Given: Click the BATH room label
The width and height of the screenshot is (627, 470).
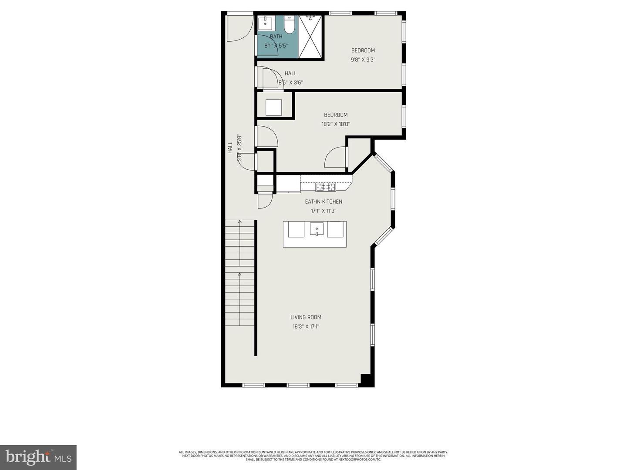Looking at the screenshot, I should point(276,37).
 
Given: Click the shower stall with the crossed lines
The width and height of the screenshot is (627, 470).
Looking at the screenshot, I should point(311,37).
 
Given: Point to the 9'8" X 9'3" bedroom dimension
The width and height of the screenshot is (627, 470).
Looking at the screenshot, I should point(363,60).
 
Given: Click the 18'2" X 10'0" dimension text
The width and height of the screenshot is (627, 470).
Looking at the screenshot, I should point(336,124).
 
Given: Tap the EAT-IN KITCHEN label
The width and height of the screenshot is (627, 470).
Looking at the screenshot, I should point(324,201).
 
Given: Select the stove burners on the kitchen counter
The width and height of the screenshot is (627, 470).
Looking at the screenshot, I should point(326,187).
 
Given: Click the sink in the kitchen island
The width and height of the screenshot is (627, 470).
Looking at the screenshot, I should point(317,229).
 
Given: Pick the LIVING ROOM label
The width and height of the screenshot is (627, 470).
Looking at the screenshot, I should point(306,317).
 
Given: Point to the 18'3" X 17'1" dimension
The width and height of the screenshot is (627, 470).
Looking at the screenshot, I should point(306,326).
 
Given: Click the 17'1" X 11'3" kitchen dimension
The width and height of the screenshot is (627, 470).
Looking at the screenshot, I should point(324,211).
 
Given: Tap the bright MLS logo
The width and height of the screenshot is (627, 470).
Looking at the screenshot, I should point(38,457).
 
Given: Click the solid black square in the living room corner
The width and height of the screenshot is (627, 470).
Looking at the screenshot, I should point(367,380).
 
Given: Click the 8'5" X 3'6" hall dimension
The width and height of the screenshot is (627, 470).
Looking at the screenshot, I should point(291,82).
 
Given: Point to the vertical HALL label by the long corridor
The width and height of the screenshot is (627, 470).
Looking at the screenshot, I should point(230,148).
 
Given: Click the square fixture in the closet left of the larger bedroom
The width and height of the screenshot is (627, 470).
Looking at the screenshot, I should point(273,107).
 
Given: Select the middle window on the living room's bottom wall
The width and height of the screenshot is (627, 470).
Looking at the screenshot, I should point(298,385).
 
